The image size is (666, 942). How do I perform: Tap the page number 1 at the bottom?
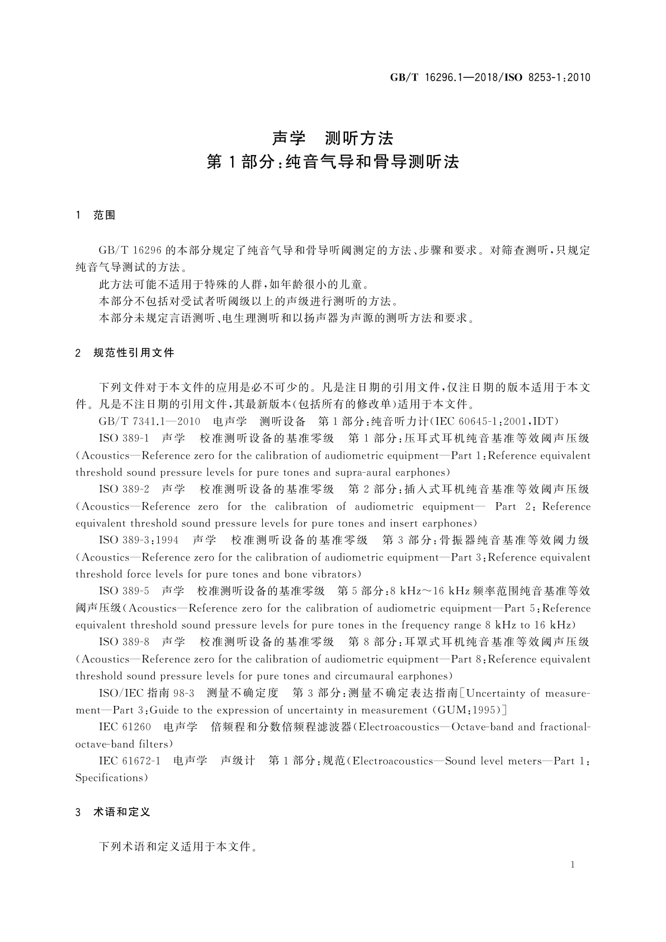(572, 864)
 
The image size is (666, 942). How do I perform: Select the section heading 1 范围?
(96, 215)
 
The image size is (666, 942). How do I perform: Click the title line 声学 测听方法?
(333, 138)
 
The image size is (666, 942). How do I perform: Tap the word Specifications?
(110, 778)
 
